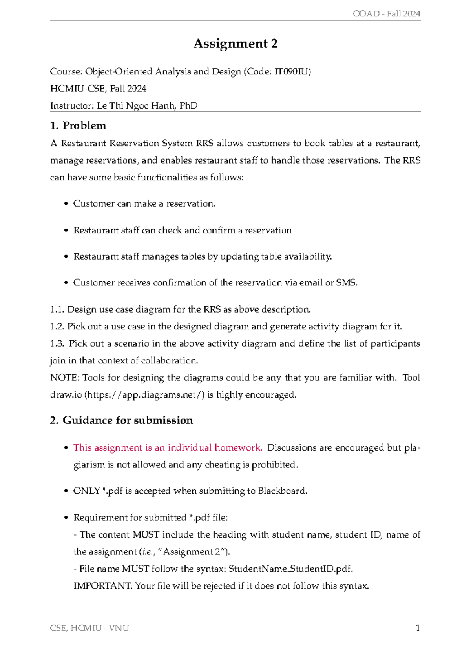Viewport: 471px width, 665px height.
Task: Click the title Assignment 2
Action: pos(235,44)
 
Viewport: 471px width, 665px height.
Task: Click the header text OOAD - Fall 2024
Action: pos(386,14)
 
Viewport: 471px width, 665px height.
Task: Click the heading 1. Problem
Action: pos(78,126)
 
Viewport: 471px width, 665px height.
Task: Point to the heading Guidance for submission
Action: pos(128,420)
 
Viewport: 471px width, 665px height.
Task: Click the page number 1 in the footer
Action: pos(418,628)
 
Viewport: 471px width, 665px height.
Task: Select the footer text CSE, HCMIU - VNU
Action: pos(89,628)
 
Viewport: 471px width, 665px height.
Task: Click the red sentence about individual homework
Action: pos(168,448)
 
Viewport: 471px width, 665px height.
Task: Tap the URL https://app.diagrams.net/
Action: pos(144,395)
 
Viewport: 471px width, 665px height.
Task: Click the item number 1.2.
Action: pos(57,327)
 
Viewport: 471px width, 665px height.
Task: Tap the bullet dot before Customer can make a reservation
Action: pos(66,204)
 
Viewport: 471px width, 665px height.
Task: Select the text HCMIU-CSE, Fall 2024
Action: pos(98,89)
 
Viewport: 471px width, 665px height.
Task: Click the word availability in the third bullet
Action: pos(307,256)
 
